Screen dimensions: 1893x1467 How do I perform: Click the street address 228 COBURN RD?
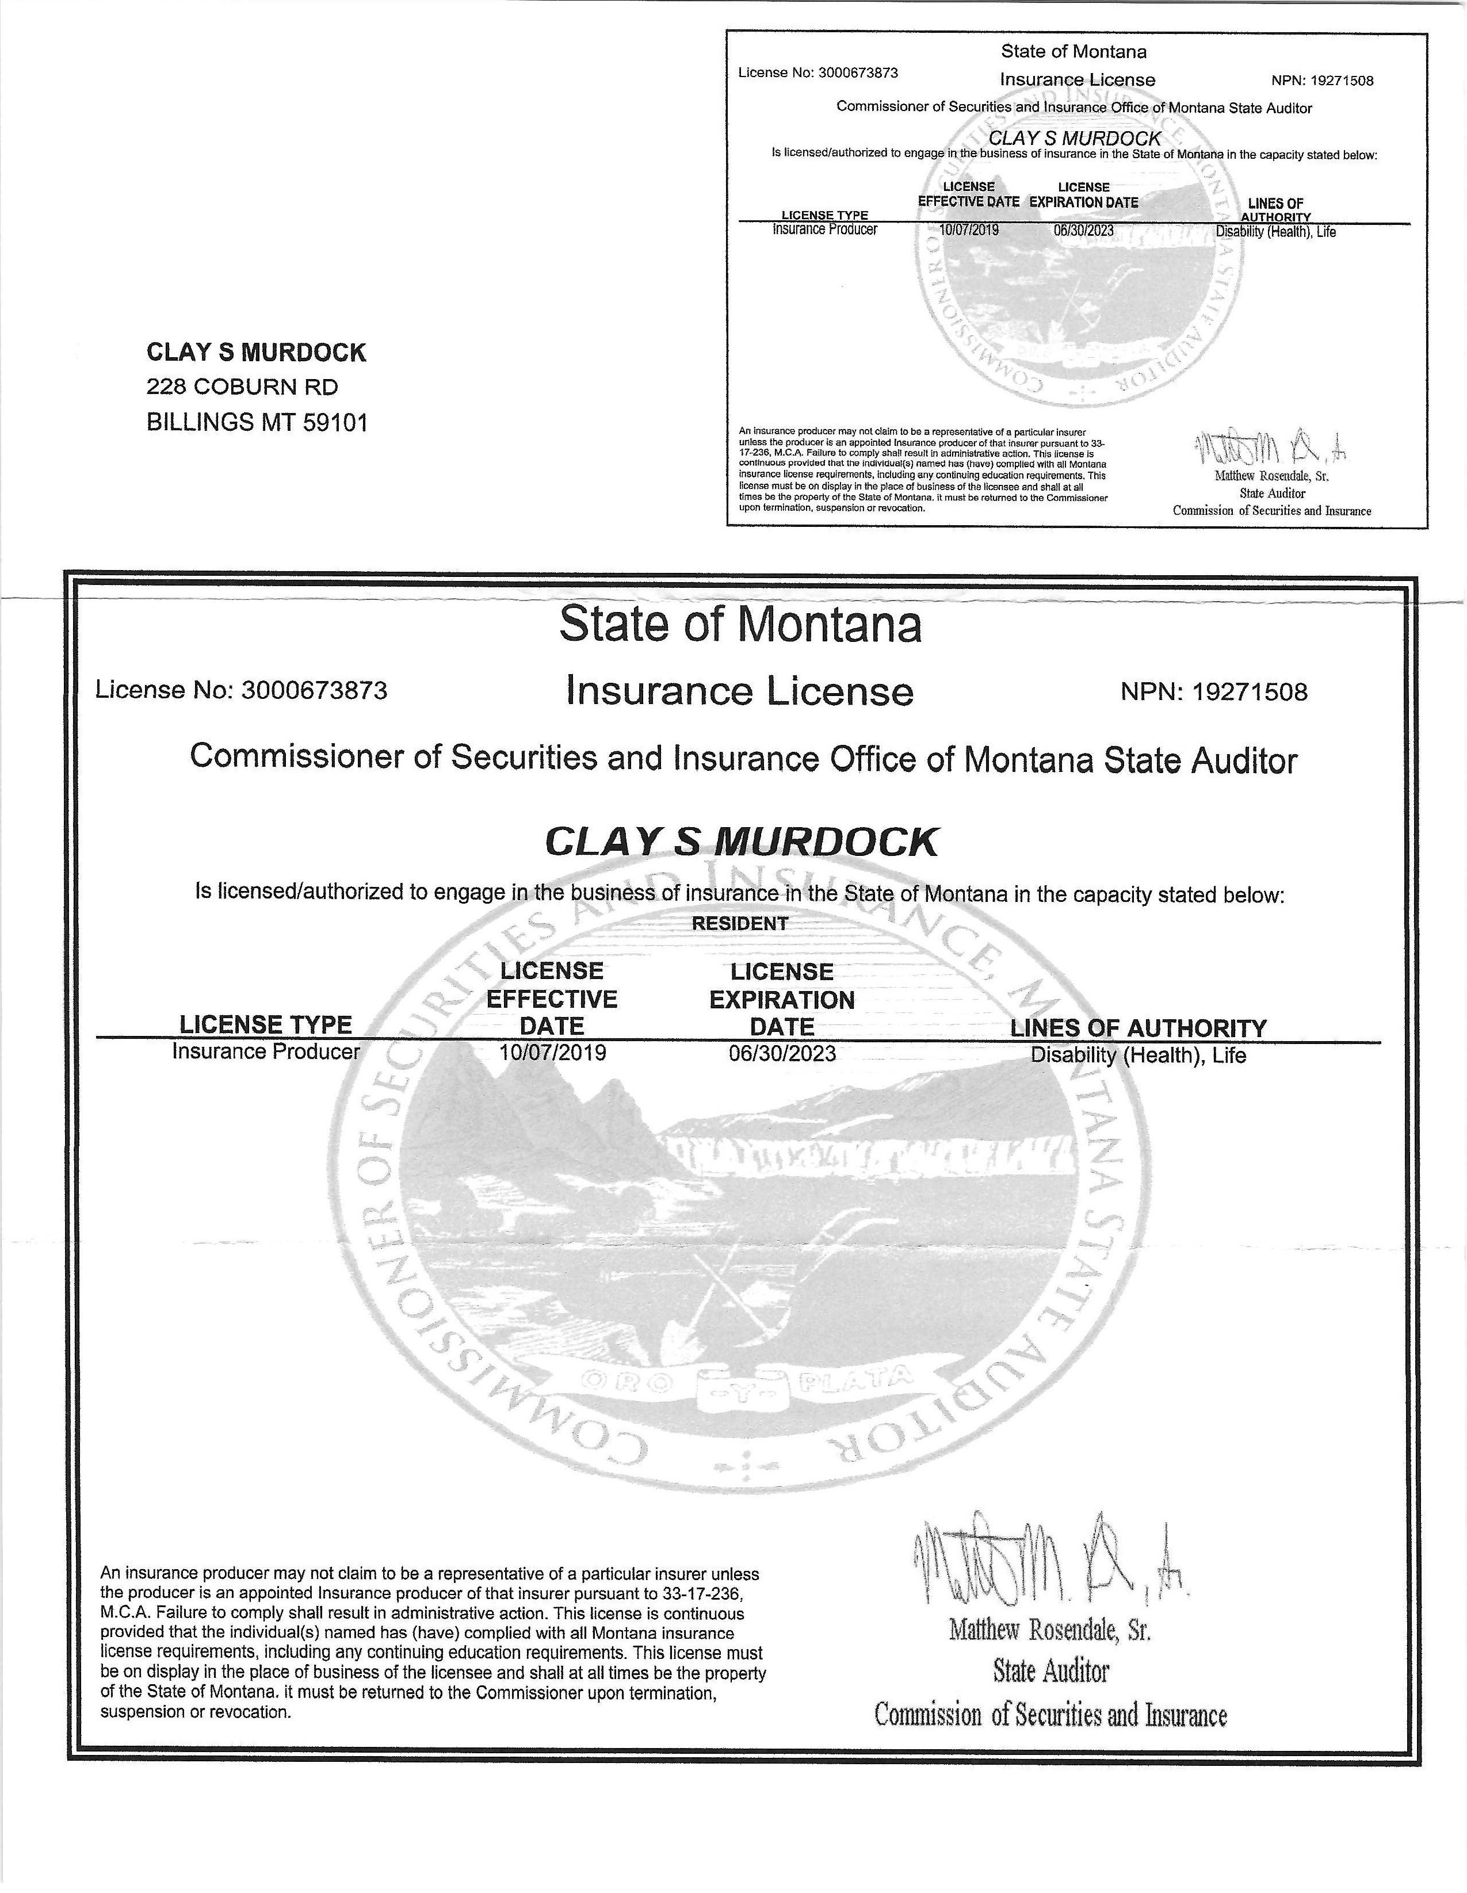coord(242,387)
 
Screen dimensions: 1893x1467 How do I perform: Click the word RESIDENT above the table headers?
coord(740,924)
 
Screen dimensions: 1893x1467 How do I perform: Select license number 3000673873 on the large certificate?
coord(314,691)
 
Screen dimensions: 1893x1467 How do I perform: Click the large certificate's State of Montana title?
coord(740,625)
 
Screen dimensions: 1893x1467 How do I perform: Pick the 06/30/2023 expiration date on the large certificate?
coord(782,1053)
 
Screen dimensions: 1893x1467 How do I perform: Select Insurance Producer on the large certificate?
coord(265,1052)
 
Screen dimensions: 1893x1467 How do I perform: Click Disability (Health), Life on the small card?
coord(1275,232)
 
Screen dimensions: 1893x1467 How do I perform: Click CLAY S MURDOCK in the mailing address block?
coord(256,353)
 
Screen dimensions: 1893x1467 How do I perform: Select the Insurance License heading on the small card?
coord(1077,80)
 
